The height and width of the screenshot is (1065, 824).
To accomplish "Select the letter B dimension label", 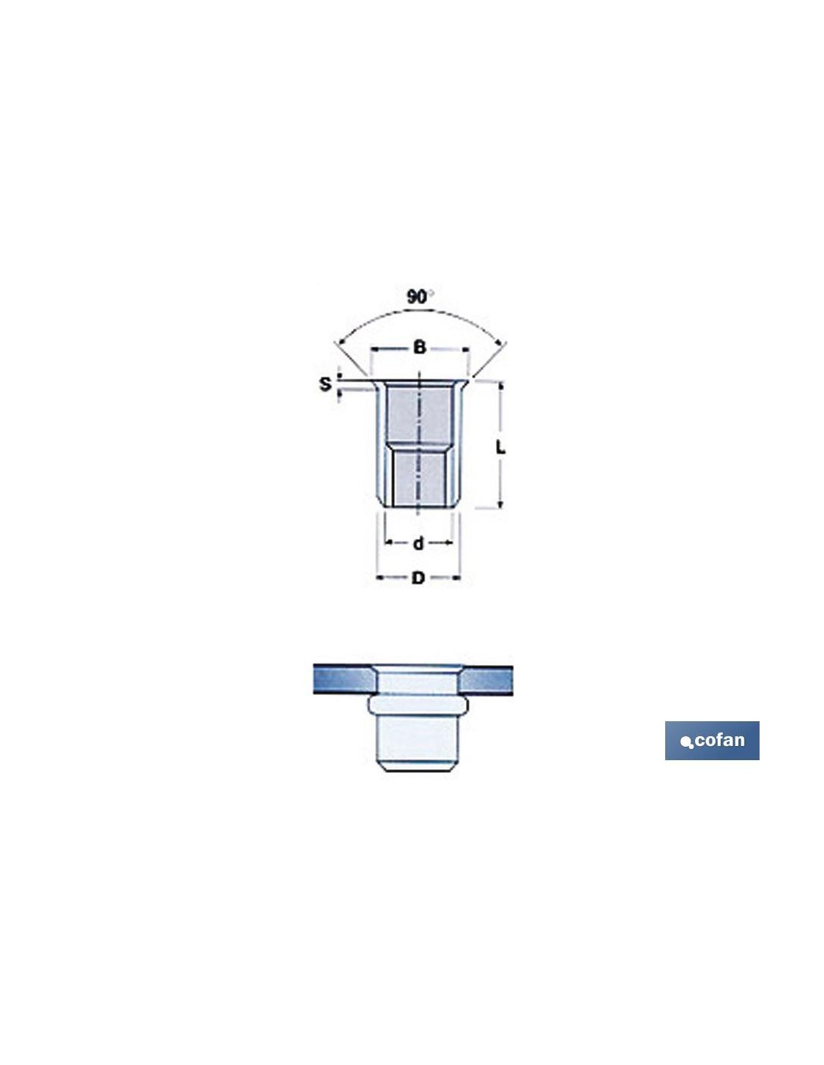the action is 419,348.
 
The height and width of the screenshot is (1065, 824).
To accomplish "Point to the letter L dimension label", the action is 500,447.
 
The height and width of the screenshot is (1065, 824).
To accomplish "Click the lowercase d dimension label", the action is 418,543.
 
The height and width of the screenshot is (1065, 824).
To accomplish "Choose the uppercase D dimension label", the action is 418,578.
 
